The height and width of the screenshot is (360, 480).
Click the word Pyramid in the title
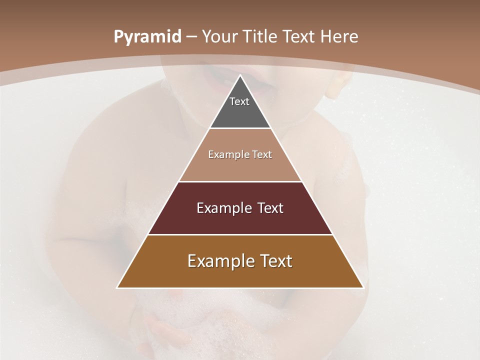[x=147, y=37]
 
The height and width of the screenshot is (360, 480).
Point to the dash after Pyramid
[x=191, y=37]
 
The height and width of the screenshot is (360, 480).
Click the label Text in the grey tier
[x=239, y=101]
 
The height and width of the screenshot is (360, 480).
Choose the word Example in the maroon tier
[x=223, y=208]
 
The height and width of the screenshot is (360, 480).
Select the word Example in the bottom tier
[x=218, y=261]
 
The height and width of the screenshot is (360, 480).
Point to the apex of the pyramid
[x=240, y=75]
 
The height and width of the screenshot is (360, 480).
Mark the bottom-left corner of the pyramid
[x=117, y=287]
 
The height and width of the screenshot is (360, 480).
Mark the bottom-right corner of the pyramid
[x=363, y=287]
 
